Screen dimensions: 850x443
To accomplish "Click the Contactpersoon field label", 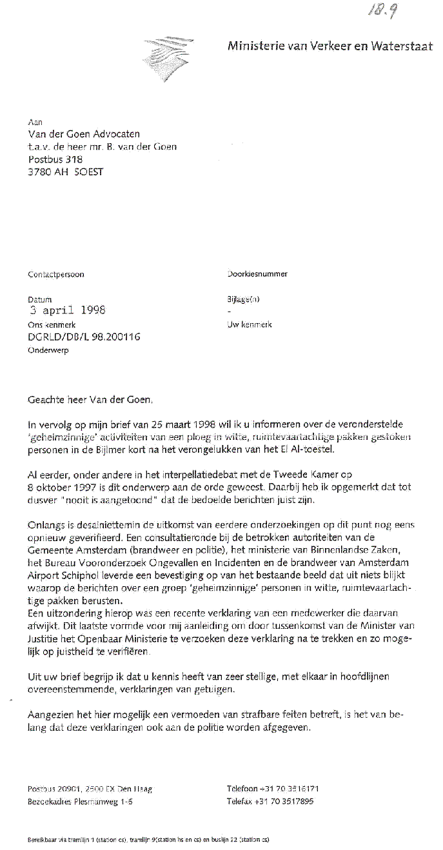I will [x=56, y=274].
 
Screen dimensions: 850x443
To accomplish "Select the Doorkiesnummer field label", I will [x=257, y=273].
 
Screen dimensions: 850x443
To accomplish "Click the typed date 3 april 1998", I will [x=67, y=310].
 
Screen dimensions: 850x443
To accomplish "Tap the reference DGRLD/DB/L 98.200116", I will [x=84, y=337].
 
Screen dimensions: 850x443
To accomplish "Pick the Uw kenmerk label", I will [x=250, y=324].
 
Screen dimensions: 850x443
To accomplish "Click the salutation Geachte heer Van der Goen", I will [x=90, y=400].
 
